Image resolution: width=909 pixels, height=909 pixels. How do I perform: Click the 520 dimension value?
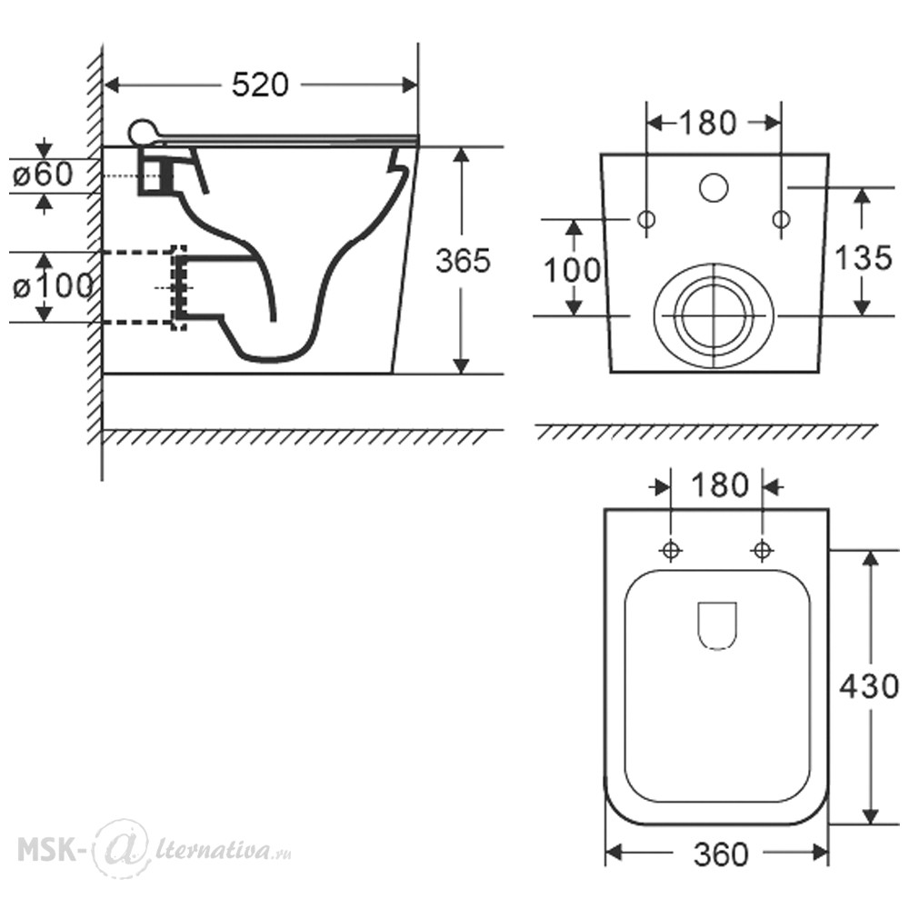[x=260, y=85]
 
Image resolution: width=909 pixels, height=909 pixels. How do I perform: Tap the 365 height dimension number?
[x=463, y=261]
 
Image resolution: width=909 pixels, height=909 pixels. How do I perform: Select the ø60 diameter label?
[x=43, y=174]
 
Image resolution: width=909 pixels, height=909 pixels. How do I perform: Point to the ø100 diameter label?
[x=52, y=285]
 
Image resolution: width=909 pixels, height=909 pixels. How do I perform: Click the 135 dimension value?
[x=864, y=258]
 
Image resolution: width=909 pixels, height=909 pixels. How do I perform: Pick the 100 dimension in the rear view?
[x=572, y=270]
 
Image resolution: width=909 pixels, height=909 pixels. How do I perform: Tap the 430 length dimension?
[x=869, y=687]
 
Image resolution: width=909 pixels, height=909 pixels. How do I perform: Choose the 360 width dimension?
[x=721, y=854]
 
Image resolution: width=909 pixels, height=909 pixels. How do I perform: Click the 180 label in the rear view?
[x=707, y=123]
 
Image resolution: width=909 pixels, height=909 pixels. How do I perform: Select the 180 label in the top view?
[x=720, y=485]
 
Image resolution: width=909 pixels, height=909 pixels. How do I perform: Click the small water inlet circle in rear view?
[x=714, y=187]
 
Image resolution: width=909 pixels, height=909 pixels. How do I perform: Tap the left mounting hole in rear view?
[x=646, y=219]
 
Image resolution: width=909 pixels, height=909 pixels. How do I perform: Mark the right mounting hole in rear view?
[x=782, y=219]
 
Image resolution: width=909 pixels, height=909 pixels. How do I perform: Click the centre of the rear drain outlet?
[x=714, y=316]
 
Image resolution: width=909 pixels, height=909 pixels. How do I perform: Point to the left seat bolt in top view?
[x=671, y=550]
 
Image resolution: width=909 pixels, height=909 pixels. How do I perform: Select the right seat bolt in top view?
[x=763, y=550]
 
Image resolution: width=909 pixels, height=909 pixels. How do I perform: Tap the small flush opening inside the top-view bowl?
[x=718, y=626]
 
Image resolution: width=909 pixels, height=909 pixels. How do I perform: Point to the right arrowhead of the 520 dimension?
[x=409, y=85]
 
